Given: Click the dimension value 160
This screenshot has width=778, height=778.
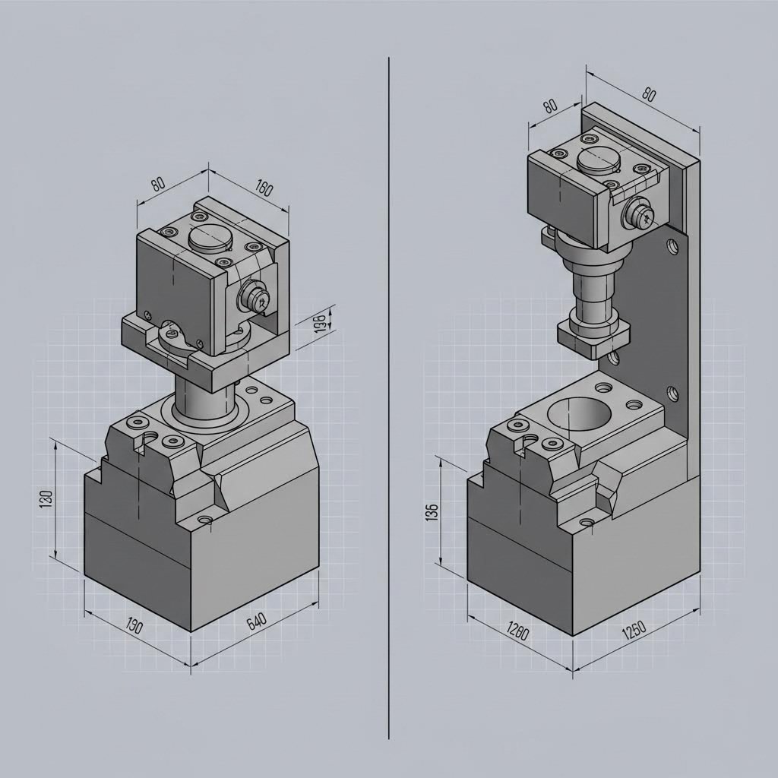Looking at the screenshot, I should (264, 187).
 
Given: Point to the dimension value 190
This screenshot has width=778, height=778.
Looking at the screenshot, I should (133, 627).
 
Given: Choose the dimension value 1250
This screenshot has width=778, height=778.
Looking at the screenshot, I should (633, 630).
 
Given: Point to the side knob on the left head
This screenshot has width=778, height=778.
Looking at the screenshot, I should (255, 297).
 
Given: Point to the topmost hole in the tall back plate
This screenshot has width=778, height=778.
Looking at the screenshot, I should (671, 246).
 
